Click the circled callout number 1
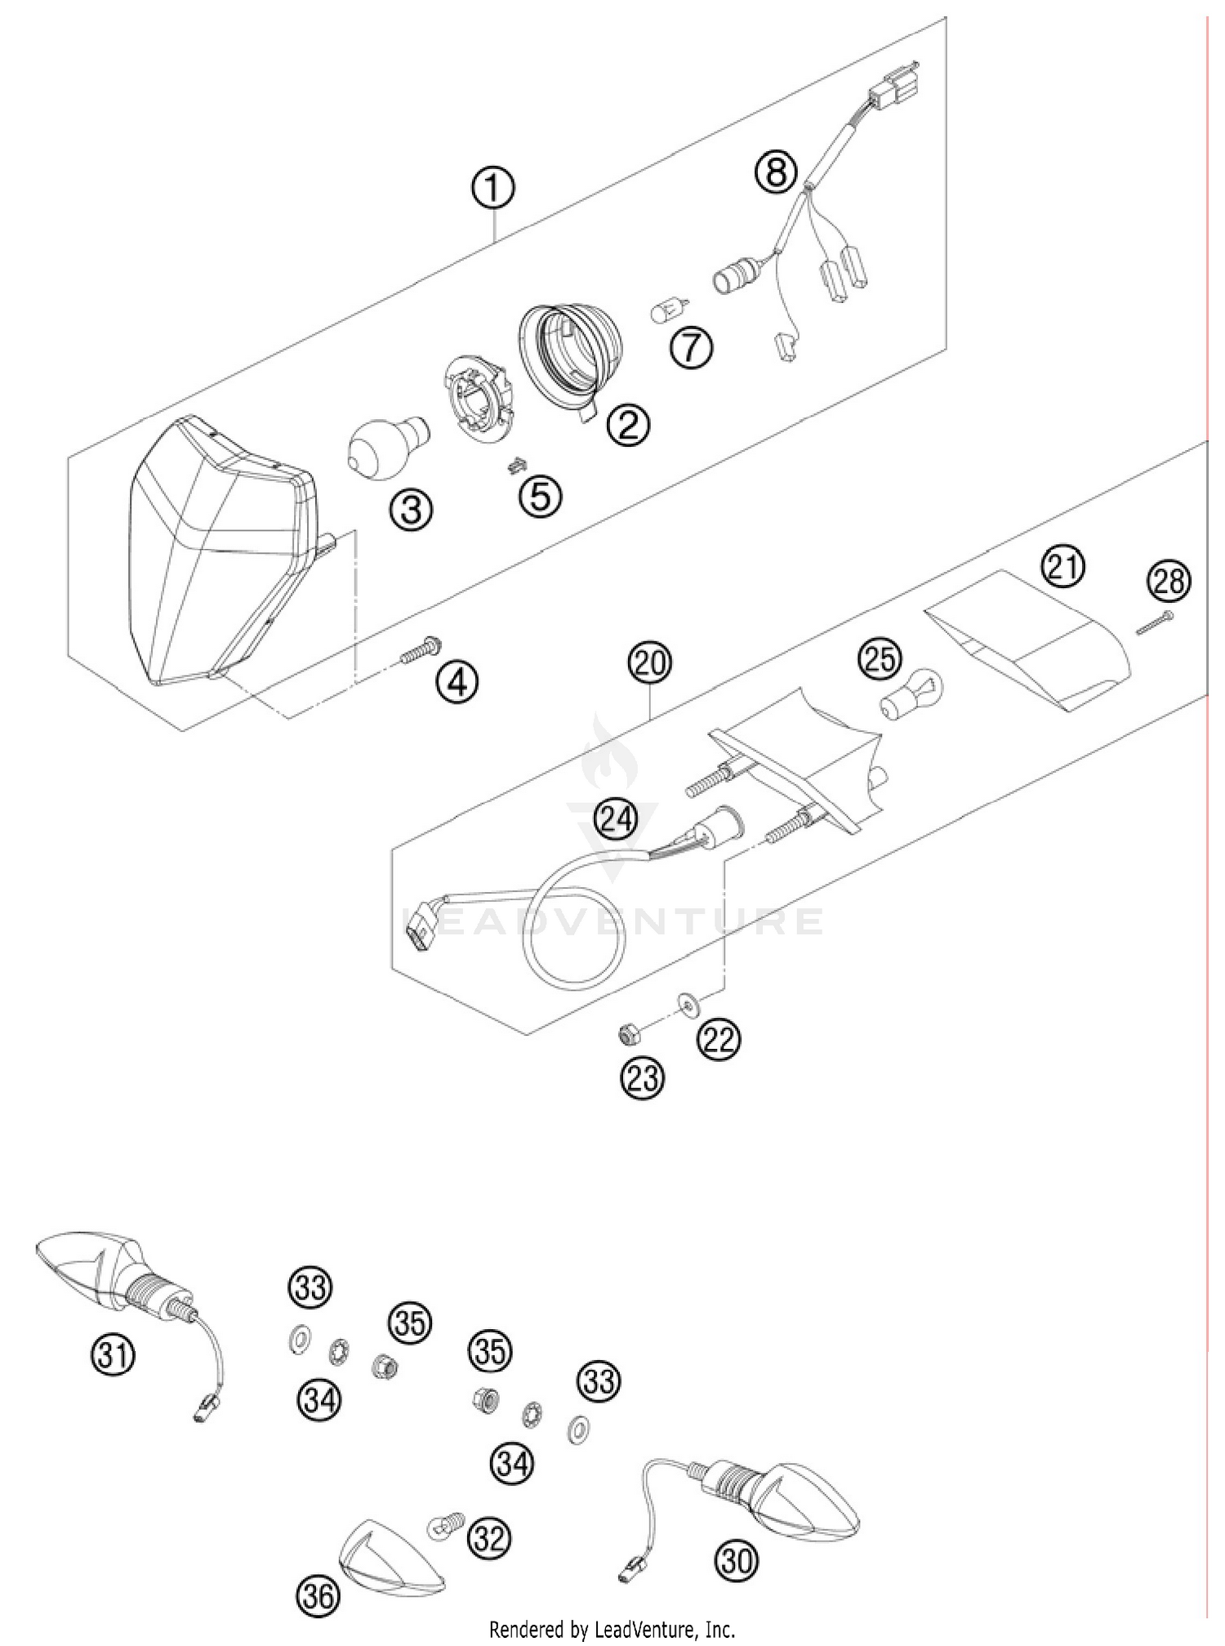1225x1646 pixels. [x=492, y=189]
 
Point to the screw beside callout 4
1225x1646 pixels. [x=421, y=650]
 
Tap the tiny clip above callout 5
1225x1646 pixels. [x=514, y=465]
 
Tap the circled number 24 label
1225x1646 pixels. [x=616, y=819]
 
